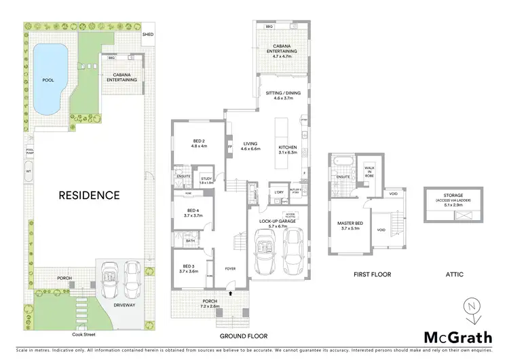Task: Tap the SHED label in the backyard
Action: click(x=147, y=33)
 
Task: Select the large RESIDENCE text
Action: click(x=89, y=195)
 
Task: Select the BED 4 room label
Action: click(x=193, y=213)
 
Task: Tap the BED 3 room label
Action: click(x=188, y=268)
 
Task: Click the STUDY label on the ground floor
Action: click(x=206, y=180)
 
